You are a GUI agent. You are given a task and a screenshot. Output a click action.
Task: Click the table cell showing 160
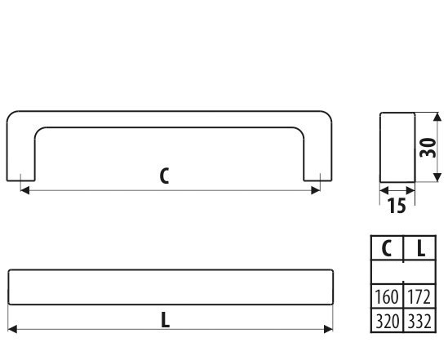(387, 296)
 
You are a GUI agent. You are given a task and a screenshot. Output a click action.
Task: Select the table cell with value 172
(419, 296)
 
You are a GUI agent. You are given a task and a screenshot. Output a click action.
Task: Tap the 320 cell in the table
(387, 321)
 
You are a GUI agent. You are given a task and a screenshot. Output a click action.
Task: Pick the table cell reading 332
(419, 321)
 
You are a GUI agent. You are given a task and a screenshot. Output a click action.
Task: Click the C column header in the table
(387, 248)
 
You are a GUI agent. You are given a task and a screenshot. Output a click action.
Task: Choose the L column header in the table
(419, 248)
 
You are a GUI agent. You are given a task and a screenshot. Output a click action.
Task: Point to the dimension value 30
(428, 148)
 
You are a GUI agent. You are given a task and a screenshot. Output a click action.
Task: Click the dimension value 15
(397, 206)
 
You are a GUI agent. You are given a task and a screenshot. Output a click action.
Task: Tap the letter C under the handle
(164, 176)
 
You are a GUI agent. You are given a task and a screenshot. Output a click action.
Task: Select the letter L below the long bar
(166, 320)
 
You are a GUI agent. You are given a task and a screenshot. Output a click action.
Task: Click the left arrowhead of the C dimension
(24, 190)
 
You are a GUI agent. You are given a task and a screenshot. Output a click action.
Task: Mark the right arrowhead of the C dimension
(316, 190)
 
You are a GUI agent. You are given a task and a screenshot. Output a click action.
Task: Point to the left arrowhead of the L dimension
(12, 329)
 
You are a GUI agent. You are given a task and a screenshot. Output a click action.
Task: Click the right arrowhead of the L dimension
(328, 329)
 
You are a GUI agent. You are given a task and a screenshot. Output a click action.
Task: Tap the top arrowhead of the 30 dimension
(437, 118)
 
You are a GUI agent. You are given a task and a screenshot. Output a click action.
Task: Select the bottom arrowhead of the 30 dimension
(437, 177)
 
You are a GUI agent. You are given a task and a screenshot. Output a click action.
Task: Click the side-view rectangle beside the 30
(397, 148)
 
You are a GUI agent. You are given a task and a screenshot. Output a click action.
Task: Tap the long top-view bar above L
(171, 287)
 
